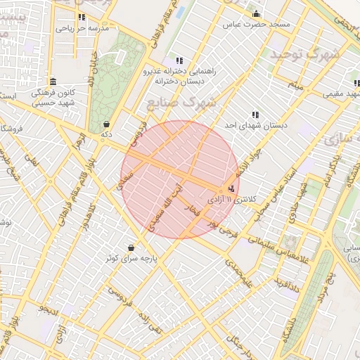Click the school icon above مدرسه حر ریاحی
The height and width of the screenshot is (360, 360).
(x=82, y=17)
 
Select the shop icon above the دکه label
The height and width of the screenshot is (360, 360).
(x=106, y=123)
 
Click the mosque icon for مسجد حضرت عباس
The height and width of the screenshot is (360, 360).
(x=256, y=14)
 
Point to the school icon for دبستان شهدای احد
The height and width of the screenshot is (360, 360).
(x=255, y=114)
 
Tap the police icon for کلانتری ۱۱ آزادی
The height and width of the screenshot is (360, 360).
(x=231, y=188)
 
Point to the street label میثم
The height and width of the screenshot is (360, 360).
(x=298, y=86)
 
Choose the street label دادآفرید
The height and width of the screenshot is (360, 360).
(x=287, y=283)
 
